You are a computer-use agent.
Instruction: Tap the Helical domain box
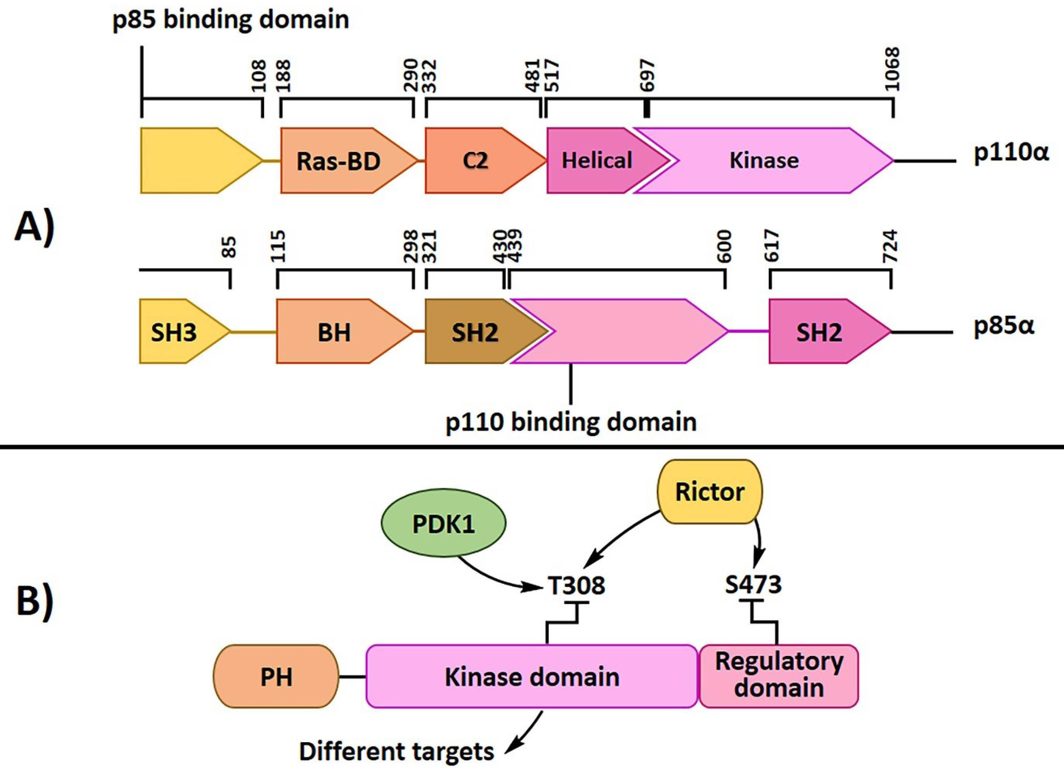click(597, 161)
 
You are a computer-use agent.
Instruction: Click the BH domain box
click(334, 332)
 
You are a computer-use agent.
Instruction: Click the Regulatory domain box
click(779, 676)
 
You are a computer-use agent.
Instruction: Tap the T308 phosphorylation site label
click(577, 586)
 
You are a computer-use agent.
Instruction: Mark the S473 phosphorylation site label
click(753, 585)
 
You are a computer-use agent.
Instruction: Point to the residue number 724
click(890, 246)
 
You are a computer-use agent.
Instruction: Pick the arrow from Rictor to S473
click(759, 539)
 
